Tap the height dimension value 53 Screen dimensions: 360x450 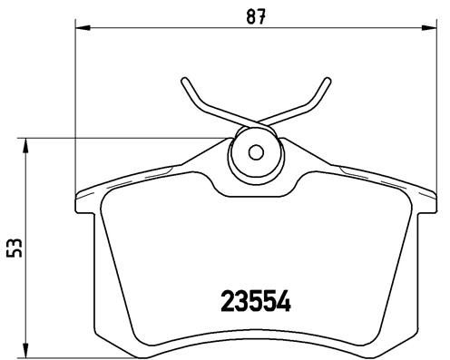pos(11,248)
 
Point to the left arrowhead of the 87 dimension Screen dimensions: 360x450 pos(79,31)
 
